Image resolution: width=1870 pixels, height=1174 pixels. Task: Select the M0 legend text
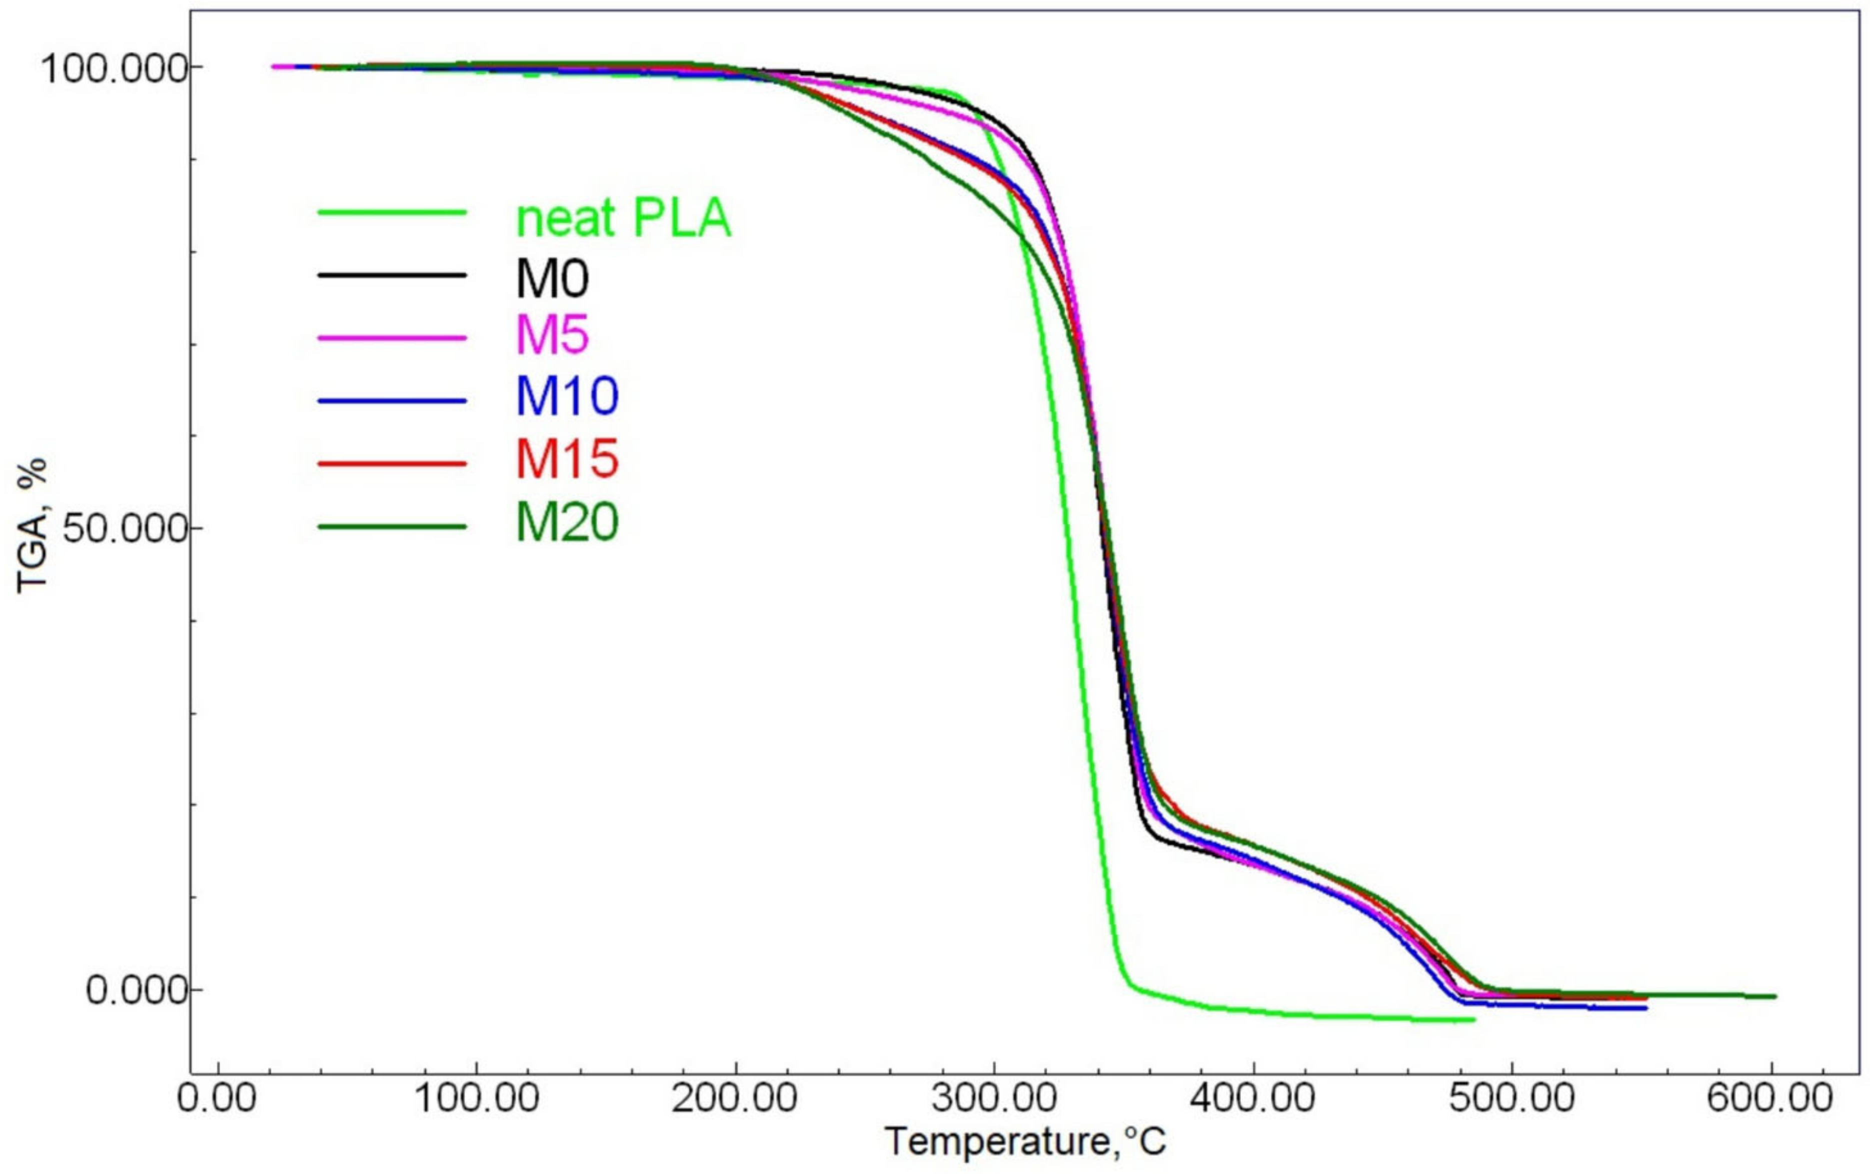pos(552,278)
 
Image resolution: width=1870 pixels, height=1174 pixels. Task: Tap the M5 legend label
pos(552,336)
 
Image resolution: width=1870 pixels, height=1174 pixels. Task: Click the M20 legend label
pos(567,522)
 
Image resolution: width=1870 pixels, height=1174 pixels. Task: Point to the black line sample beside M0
pos(392,275)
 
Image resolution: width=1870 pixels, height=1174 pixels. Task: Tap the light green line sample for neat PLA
pos(392,212)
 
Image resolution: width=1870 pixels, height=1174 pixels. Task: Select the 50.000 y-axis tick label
pos(124,529)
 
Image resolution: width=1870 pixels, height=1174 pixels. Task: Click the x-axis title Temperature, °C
pos(1025,1141)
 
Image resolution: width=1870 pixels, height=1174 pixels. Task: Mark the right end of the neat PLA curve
pos(1473,1019)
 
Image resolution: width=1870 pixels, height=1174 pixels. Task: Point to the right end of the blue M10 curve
pos(1645,1008)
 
